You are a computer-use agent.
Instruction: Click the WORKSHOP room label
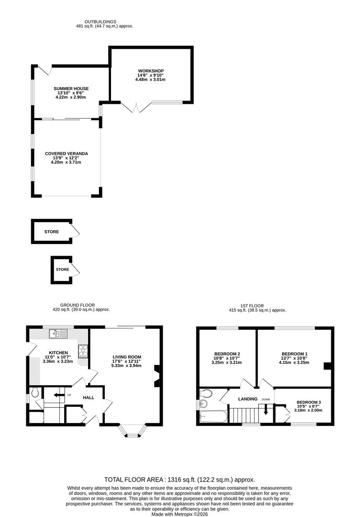pos(151,71)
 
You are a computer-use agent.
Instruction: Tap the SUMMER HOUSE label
pos(71,89)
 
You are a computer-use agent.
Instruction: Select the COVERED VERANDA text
pos(67,154)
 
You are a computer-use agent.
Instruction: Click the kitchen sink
pos(58,334)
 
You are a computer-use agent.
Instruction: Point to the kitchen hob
pos(83,351)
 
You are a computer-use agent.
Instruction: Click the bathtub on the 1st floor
pos(214,417)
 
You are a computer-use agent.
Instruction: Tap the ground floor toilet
pos(35,393)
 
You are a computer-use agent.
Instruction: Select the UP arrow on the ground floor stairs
pos(59,395)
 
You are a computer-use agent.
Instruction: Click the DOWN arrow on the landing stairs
pos(266,409)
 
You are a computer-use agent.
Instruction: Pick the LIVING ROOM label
pos(127,357)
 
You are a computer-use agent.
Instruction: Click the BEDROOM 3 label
pos(309,402)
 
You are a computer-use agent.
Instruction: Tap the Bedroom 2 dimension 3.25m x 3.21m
pos(226,362)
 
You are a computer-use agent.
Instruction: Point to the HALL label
pos(89,398)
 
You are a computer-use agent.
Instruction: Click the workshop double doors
pos(135,108)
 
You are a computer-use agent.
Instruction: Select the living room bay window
pos(133,431)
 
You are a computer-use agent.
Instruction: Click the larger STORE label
pos(52,232)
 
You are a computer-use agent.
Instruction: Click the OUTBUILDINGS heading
pos(100,22)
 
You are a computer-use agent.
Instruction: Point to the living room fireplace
pos(156,376)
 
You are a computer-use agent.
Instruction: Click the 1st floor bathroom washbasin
pos(203,403)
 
